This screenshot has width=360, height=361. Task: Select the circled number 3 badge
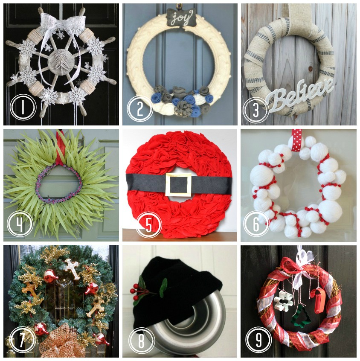tap(256, 109)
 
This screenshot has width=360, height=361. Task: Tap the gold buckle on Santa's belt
tap(179, 184)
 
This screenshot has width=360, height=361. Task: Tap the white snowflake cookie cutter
tap(284, 300)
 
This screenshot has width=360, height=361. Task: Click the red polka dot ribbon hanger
tap(296, 140)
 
